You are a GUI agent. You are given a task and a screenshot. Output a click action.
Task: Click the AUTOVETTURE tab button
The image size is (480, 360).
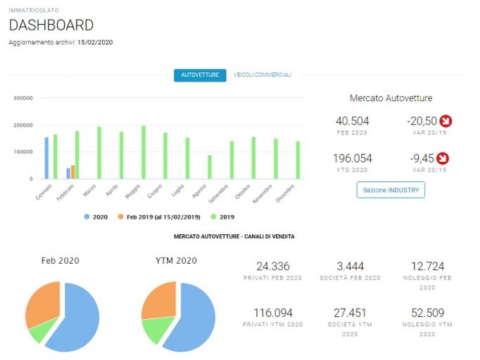tap(200, 75)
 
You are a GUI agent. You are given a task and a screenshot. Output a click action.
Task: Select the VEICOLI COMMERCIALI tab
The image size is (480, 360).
tap(263, 75)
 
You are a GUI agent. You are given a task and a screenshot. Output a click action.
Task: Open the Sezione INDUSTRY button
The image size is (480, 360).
tap(391, 190)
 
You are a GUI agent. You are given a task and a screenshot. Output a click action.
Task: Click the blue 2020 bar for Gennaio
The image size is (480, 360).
tap(46, 157)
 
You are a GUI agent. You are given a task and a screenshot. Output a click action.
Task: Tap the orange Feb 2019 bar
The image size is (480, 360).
tap(73, 172)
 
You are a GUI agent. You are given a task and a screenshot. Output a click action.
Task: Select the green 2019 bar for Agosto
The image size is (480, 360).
tap(210, 167)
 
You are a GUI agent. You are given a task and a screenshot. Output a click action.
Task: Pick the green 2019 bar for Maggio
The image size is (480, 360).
tap(144, 153)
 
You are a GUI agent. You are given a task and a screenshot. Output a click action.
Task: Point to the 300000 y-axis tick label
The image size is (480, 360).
tap(23, 98)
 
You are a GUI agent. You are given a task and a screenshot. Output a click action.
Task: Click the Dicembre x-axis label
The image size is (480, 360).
tap(285, 193)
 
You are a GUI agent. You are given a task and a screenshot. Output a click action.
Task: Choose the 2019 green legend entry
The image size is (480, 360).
tap(222, 217)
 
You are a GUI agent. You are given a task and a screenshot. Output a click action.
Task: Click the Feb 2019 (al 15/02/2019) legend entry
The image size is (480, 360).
tap(159, 217)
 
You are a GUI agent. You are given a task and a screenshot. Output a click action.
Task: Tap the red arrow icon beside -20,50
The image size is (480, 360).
tap(446, 121)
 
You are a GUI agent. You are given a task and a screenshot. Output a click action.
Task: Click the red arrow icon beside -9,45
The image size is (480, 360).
tap(443, 158)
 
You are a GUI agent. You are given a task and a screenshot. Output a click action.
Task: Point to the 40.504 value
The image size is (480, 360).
tap(353, 121)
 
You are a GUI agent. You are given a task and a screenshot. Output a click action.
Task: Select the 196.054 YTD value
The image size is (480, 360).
tap(353, 158)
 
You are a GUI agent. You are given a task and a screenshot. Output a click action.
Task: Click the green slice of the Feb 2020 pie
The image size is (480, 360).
tap(42, 330)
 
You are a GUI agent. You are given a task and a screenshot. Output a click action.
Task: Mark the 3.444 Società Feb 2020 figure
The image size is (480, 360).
tap(350, 266)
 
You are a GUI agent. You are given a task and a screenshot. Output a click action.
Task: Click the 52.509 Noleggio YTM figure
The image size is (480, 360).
tap(428, 313)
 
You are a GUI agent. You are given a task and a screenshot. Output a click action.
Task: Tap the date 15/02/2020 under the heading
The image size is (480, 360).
tap(95, 42)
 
